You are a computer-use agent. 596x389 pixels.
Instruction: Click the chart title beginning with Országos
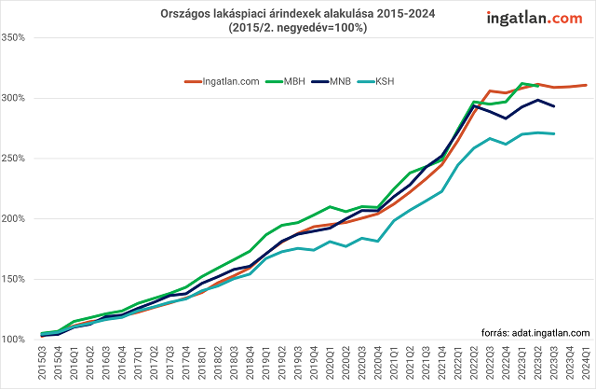coord(297,14)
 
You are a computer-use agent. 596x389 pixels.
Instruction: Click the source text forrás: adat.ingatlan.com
coord(535,332)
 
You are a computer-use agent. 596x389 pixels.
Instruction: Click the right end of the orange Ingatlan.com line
coord(586,85)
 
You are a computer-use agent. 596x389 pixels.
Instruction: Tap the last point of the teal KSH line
coord(554,133)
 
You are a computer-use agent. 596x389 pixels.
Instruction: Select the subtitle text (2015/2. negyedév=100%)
coord(297,28)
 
